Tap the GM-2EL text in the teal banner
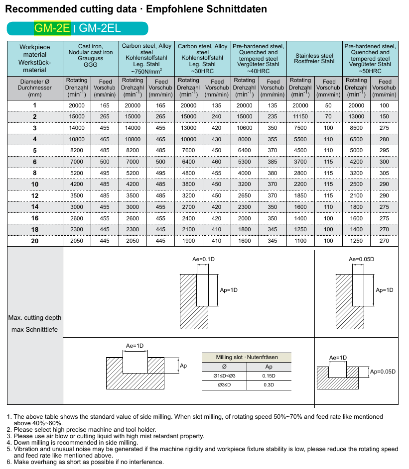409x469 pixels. coord(100,28)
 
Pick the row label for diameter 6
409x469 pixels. coord(35,162)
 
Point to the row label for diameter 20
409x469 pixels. coord(35,241)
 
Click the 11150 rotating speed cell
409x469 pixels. coord(300,116)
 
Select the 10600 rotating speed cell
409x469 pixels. coord(244,128)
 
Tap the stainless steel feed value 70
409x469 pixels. coord(328,116)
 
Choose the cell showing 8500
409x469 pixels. coord(356,128)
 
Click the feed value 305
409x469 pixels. coord(384,173)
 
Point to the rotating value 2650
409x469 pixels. coord(244,196)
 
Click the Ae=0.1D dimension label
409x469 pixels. coord(203,260)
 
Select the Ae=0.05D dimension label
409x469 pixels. coord(361,260)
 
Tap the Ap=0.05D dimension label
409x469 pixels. coord(383,372)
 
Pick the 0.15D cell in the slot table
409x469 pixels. coord(269,376)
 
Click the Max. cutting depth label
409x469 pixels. coord(35,318)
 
